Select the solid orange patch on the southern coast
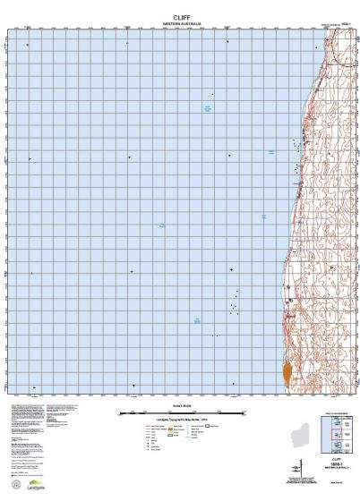[x=287, y=372]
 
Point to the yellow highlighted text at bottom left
[x=28, y=407]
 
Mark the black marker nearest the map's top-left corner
[x=28, y=44]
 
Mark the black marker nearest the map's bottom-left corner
[x=33, y=386]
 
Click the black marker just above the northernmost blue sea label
[x=212, y=94]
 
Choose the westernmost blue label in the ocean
[x=161, y=225]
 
